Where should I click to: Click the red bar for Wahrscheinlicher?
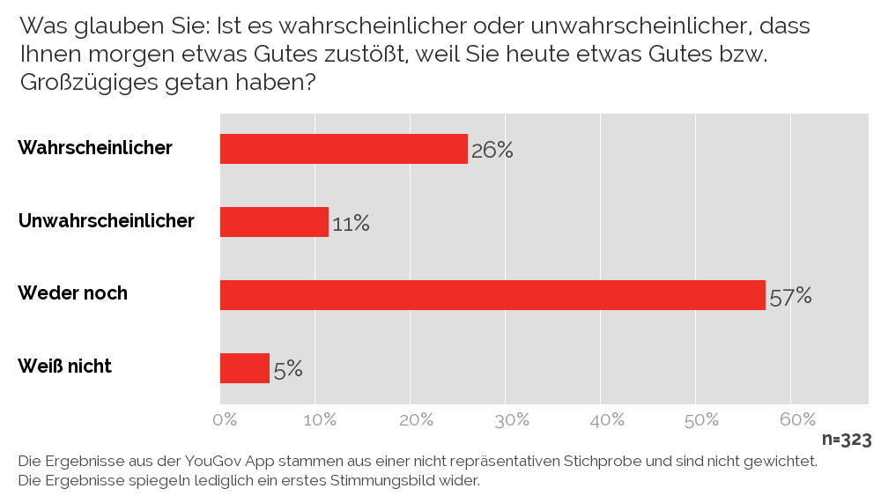(x=344, y=149)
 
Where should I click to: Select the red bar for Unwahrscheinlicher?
(x=274, y=222)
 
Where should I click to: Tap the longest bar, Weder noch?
(x=492, y=295)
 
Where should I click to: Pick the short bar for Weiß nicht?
(x=244, y=368)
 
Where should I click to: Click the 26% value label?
(x=492, y=150)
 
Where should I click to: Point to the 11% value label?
(x=350, y=224)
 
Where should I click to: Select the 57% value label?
(x=789, y=296)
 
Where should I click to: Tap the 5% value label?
(x=288, y=369)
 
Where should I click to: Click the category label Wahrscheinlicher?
(x=95, y=148)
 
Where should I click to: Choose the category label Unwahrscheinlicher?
(x=106, y=220)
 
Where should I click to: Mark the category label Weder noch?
(x=72, y=293)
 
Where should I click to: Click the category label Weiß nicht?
(x=64, y=366)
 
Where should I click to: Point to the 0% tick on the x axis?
(x=226, y=419)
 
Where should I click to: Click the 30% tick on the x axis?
(x=511, y=419)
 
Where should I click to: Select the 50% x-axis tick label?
(x=701, y=419)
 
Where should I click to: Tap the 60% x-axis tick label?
(x=796, y=419)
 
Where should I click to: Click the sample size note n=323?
(x=847, y=440)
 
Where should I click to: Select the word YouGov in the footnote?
(x=213, y=461)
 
